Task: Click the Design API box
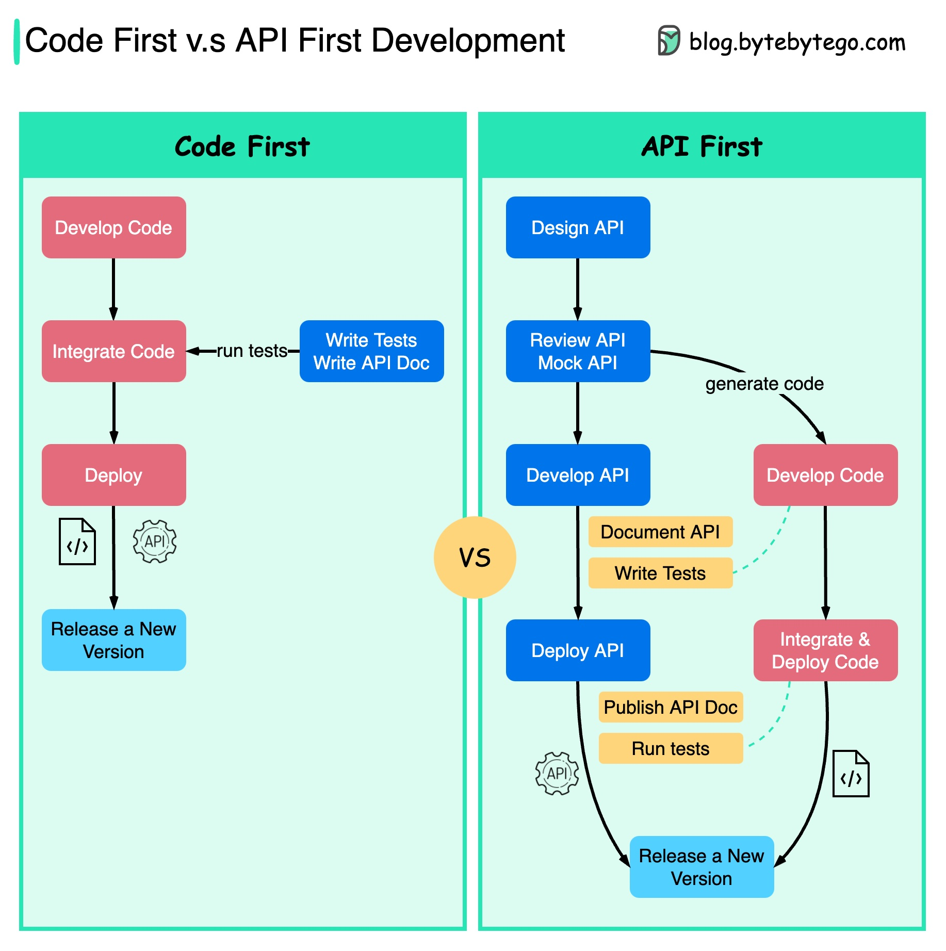click(578, 227)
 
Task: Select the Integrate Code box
click(113, 351)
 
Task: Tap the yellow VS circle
click(475, 558)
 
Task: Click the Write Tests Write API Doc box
click(371, 351)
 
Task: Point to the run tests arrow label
click(252, 351)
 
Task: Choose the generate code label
click(764, 384)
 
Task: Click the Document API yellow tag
click(660, 532)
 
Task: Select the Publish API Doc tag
click(671, 707)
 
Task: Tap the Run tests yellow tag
click(671, 748)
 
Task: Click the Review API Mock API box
click(578, 351)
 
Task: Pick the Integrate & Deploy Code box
click(825, 650)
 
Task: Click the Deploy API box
click(578, 650)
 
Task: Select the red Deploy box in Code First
click(113, 475)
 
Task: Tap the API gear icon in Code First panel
click(155, 542)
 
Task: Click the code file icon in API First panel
click(851, 774)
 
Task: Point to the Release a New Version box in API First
click(702, 867)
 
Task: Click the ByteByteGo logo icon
click(668, 41)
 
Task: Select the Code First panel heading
click(242, 146)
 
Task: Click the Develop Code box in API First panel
click(825, 475)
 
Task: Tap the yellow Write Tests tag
click(660, 573)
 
